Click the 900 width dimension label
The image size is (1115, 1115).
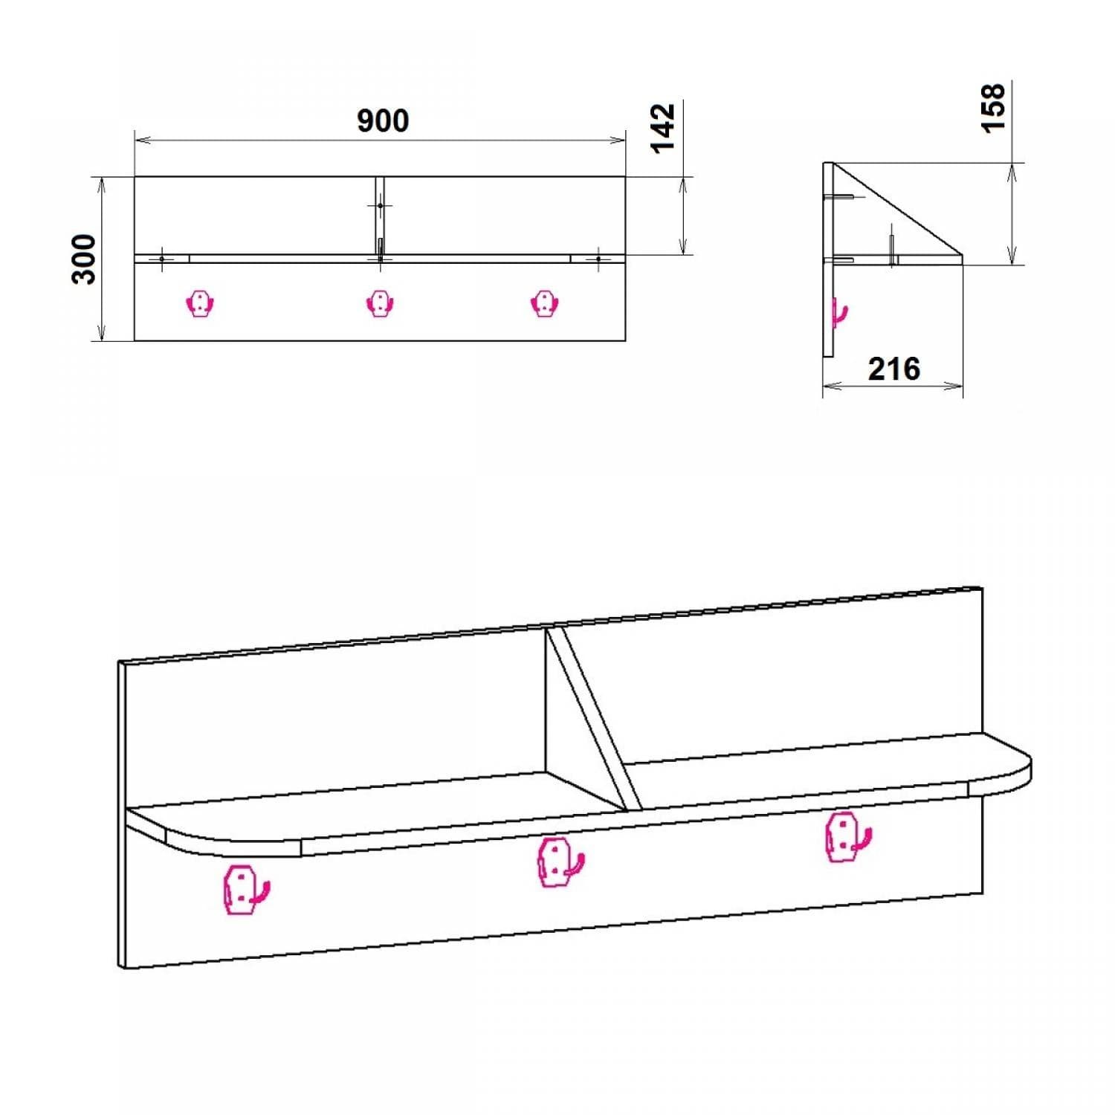[383, 121]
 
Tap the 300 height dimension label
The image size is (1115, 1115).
[85, 259]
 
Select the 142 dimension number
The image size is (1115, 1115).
[663, 128]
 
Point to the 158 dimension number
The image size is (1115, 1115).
[993, 109]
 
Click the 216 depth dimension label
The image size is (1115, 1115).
[893, 369]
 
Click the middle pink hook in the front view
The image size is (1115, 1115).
[380, 303]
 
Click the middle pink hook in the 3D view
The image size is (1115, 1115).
[559, 863]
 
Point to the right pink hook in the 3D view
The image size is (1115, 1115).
[846, 837]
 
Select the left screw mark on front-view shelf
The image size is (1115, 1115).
[162, 259]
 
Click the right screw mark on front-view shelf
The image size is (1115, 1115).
[598, 259]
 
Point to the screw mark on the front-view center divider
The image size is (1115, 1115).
[380, 205]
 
